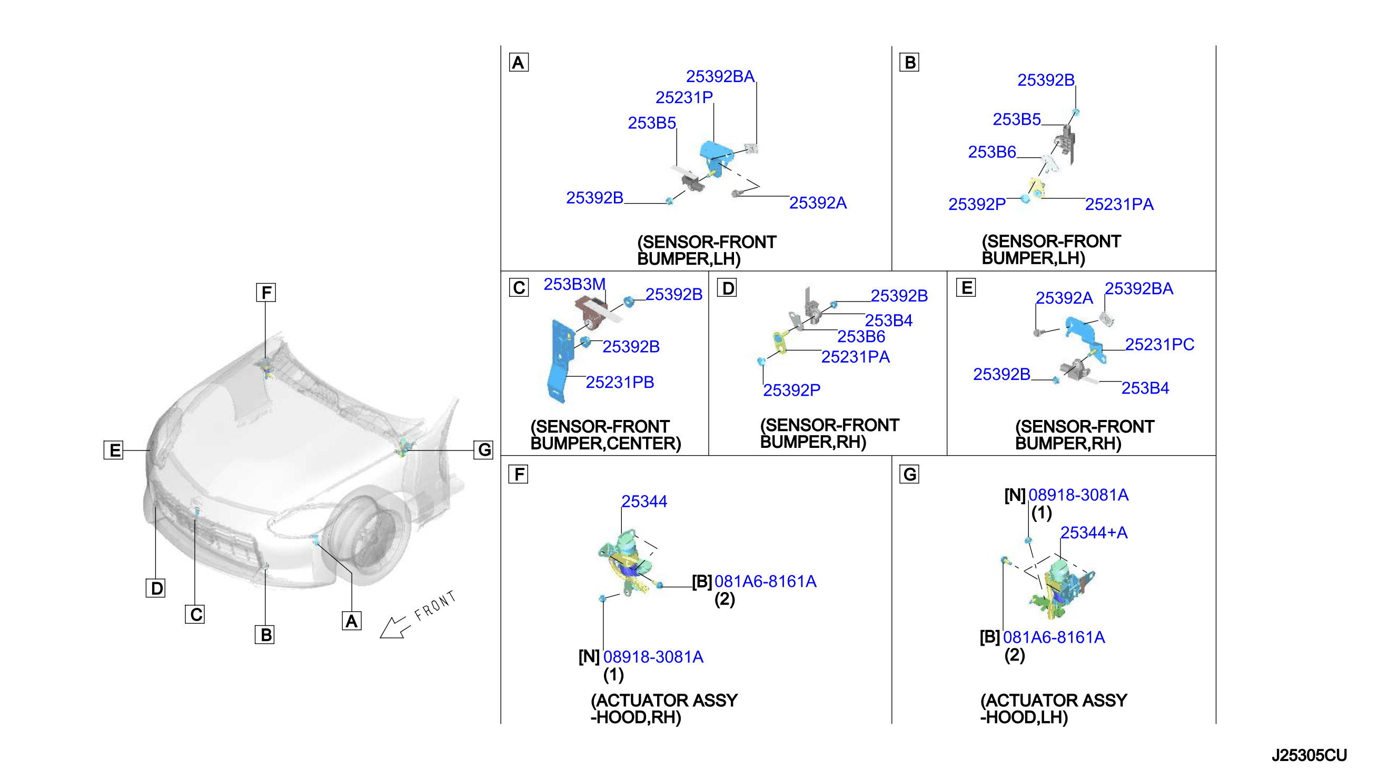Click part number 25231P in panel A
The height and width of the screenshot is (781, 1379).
pyautogui.click(x=683, y=98)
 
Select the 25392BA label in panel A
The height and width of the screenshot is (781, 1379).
pyautogui.click(x=720, y=77)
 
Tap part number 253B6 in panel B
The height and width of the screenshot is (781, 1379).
pyautogui.click(x=991, y=152)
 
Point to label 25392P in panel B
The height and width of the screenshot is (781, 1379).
pyautogui.click(x=977, y=204)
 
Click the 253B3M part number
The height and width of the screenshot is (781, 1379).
pyautogui.click(x=574, y=284)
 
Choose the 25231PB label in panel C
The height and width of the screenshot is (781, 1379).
pyautogui.click(x=620, y=383)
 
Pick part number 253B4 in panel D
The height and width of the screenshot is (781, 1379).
pyautogui.click(x=888, y=321)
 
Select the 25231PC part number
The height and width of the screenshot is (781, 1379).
pyautogui.click(x=1159, y=344)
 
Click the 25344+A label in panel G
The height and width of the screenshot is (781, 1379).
pyautogui.click(x=1094, y=533)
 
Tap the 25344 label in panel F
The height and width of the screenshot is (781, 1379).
pyautogui.click(x=644, y=502)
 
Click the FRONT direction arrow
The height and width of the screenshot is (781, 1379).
pyautogui.click(x=394, y=628)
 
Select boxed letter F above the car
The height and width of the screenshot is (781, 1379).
pyautogui.click(x=266, y=293)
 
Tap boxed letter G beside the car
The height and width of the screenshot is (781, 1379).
pyautogui.click(x=483, y=449)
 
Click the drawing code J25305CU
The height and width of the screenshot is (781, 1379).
pyautogui.click(x=1309, y=755)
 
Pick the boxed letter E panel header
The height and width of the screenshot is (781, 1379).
pyautogui.click(x=966, y=287)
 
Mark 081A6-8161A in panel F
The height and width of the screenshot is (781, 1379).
pyautogui.click(x=765, y=582)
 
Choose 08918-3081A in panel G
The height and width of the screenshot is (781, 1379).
pyautogui.click(x=1078, y=495)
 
